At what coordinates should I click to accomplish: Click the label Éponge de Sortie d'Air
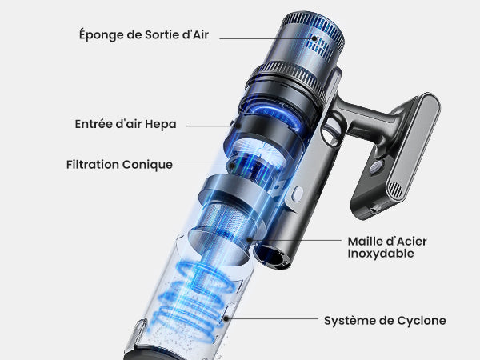144,34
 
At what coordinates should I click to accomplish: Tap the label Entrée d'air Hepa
126,124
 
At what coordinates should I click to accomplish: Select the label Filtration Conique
119,165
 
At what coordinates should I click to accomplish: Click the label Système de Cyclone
385,321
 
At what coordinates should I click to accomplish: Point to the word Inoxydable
381,254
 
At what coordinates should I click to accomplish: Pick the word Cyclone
422,321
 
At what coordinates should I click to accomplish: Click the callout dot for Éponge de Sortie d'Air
314,38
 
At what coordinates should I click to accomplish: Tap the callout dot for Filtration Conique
233,166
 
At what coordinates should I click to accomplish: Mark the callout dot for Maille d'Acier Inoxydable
250,240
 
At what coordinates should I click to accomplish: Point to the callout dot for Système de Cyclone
226,318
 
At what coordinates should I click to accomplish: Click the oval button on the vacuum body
297,194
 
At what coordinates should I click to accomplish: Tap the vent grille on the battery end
395,190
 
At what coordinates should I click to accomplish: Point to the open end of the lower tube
273,257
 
